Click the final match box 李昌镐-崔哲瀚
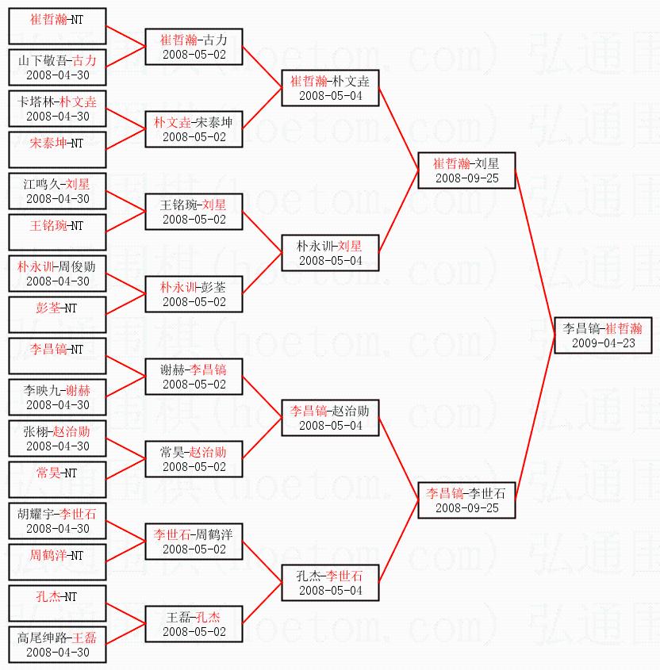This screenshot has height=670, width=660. click(603, 335)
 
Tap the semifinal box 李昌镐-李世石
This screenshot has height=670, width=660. click(466, 500)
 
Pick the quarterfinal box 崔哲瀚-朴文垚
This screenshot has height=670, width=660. click(330, 87)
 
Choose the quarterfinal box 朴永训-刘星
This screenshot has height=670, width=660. click(330, 252)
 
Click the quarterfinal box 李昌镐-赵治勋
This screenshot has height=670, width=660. click(330, 417)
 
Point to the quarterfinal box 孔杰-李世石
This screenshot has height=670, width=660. click(330, 582)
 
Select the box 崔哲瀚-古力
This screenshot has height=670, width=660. click(194, 46)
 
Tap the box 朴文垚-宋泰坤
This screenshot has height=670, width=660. click(194, 128)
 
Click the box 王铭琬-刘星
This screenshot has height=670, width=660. click(194, 211)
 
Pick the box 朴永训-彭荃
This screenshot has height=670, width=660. click(194, 293)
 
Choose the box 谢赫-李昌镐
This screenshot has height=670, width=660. click(194, 376)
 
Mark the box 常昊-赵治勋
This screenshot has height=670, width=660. click(194, 458)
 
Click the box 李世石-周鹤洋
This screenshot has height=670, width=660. click(194, 541)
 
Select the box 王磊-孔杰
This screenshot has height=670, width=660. click(194, 623)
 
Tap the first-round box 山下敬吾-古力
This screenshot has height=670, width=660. click(57, 67)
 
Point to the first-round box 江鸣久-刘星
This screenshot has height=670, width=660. click(57, 190)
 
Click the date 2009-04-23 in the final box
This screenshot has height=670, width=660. click(603, 343)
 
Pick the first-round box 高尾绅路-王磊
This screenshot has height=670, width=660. click(57, 644)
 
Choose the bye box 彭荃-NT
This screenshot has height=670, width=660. click(57, 314)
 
